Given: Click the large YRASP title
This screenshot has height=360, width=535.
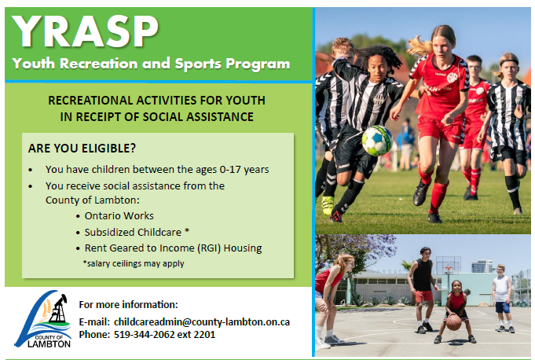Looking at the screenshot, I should point(87,31).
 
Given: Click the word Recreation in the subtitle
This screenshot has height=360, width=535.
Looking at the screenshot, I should point(108,64).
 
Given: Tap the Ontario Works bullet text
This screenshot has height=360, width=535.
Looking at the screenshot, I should point(119,215).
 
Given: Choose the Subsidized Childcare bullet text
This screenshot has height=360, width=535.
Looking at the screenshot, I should point(144,232).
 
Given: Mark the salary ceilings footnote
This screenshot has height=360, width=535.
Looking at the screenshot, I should point(134,263).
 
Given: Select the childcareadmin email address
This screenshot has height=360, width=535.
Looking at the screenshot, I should point(202,322).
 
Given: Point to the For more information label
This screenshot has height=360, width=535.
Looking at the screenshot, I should point(129,304).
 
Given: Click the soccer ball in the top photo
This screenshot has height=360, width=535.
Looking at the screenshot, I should point(377,140).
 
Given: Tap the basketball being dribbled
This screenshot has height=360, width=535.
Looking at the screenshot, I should point(453,322).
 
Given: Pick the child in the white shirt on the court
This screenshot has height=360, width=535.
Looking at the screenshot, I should point(501,295).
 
